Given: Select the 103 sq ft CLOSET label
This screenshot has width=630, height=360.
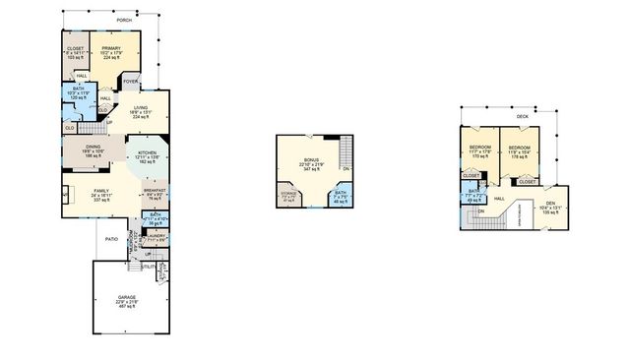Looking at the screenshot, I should click(x=76, y=48).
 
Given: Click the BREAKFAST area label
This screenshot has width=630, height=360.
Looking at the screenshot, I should click(x=156, y=190).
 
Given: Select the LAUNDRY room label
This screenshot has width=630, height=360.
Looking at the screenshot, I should click(x=156, y=236).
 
